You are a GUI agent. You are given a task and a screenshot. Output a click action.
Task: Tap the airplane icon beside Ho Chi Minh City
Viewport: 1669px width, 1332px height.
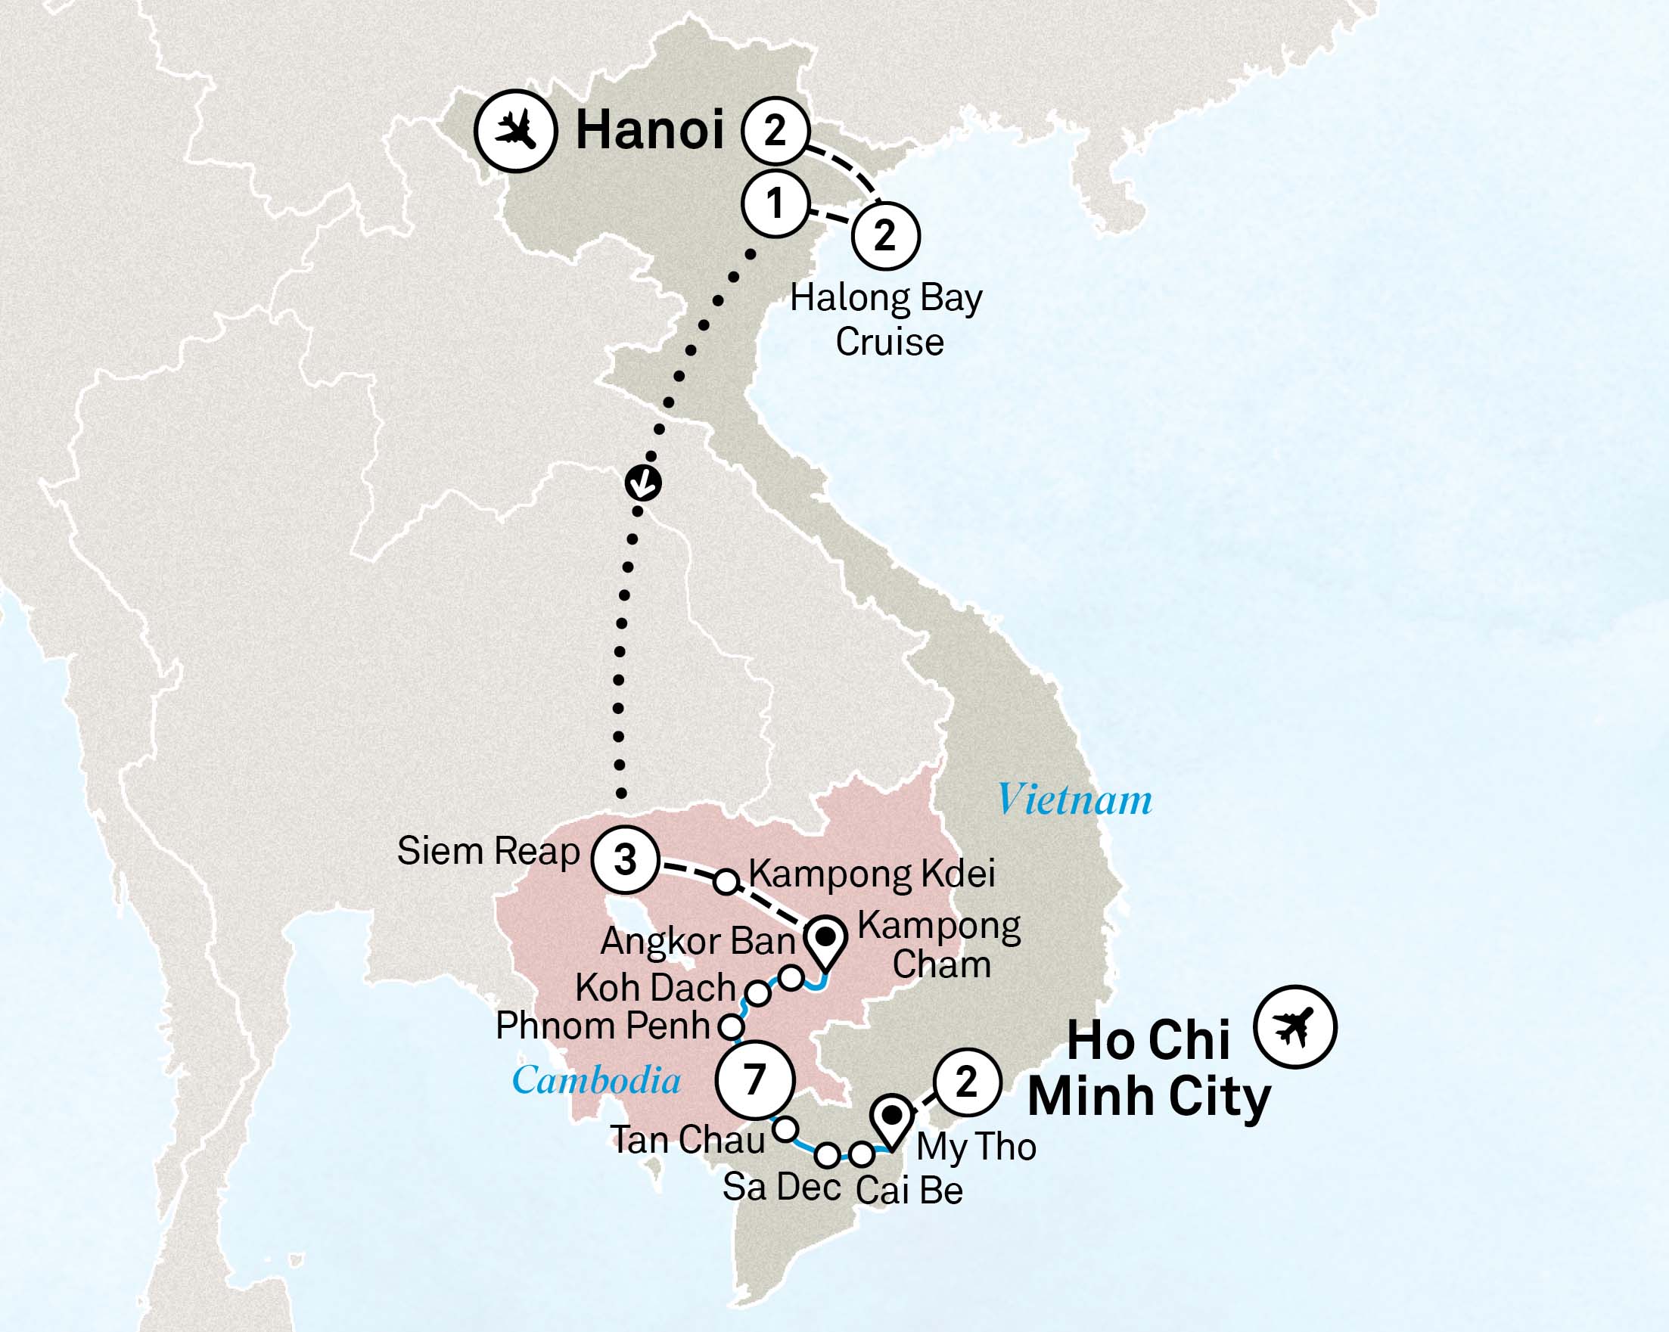[x=1295, y=1027]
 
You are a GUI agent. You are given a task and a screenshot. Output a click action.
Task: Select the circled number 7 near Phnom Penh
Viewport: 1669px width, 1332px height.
[x=755, y=1079]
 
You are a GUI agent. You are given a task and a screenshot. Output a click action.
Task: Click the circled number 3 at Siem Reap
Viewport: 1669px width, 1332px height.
[x=625, y=859]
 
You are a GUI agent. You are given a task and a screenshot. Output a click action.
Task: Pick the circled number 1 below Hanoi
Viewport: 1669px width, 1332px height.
[x=775, y=203]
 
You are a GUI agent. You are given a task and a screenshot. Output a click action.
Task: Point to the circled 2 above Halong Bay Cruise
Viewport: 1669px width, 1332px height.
[x=886, y=235]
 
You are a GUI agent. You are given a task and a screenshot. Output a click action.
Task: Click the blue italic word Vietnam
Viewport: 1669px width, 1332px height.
[x=1074, y=800]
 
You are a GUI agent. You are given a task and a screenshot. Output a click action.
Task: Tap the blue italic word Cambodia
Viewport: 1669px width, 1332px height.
[x=596, y=1080]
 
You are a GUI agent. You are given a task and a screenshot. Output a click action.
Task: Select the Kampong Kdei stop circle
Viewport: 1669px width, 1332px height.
[x=726, y=881]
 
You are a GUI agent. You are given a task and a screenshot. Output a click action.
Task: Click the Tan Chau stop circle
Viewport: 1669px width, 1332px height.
[x=786, y=1129]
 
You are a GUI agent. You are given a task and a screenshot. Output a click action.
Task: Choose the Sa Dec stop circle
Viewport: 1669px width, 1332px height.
[x=828, y=1156]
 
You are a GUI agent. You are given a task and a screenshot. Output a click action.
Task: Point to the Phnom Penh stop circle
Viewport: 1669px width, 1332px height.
[x=732, y=1027]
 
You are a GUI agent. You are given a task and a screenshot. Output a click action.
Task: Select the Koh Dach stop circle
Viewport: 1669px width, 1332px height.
[x=758, y=993]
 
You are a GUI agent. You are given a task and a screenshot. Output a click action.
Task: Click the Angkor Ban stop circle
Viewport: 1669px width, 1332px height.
[x=791, y=977]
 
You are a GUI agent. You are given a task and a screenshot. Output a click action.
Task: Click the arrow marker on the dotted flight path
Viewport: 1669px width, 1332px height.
[x=643, y=483]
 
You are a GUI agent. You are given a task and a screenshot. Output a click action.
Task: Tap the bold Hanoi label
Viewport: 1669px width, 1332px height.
[x=650, y=129]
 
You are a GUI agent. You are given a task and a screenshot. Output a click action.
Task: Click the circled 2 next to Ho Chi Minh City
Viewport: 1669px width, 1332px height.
[x=967, y=1081]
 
